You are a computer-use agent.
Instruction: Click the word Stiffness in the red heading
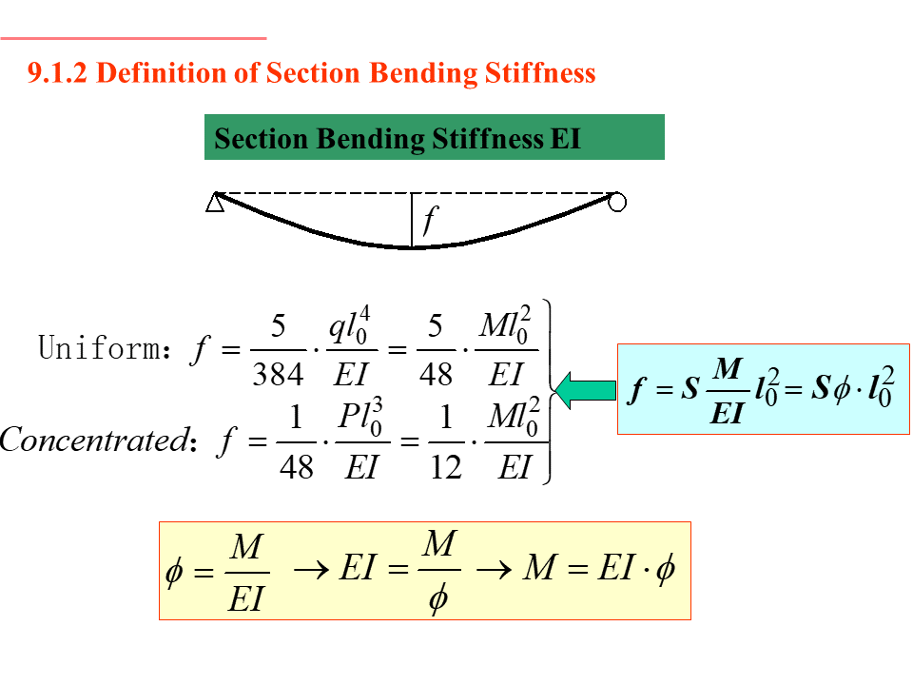545,73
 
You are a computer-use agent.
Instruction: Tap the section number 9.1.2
58,73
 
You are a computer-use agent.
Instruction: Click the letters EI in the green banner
565,139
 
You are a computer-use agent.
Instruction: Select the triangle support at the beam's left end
215,202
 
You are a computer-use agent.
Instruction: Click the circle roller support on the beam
617,202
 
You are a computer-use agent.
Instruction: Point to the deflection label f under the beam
430,221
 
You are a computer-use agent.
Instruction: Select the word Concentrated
92,440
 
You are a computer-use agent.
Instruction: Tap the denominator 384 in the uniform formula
278,374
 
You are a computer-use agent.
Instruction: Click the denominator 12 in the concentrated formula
445,466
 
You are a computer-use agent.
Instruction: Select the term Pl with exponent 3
360,419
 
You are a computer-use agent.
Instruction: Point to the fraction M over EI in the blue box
727,389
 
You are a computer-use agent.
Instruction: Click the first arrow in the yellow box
310,570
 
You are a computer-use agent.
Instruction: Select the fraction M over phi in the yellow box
438,571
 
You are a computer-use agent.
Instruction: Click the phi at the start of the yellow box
174,574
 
